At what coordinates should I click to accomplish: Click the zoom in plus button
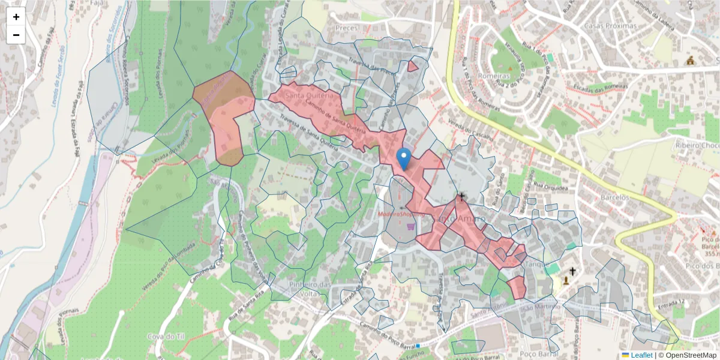[x=16, y=17]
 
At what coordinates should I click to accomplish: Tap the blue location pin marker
[x=404, y=158]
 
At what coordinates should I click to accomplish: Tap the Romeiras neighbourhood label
[x=494, y=77]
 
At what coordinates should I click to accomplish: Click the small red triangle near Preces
[x=412, y=66]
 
